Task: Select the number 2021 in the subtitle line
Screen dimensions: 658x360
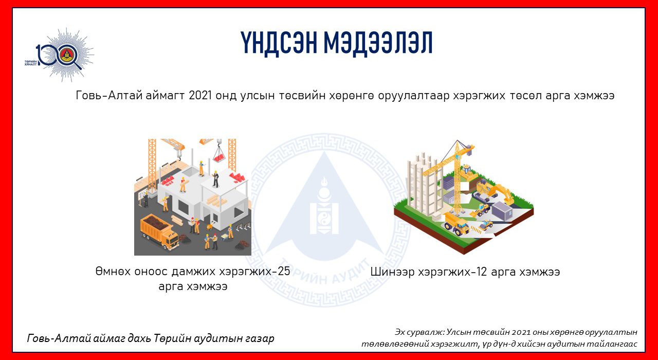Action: click(x=200, y=95)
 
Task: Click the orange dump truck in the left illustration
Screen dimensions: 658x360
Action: click(x=159, y=231)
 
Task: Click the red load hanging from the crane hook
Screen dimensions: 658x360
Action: click(x=219, y=157)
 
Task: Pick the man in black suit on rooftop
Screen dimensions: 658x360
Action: click(x=215, y=178)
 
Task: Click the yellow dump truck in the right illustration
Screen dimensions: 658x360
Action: click(x=456, y=224)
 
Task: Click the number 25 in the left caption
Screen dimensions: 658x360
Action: click(x=283, y=271)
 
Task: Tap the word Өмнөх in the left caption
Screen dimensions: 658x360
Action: click(x=113, y=271)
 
